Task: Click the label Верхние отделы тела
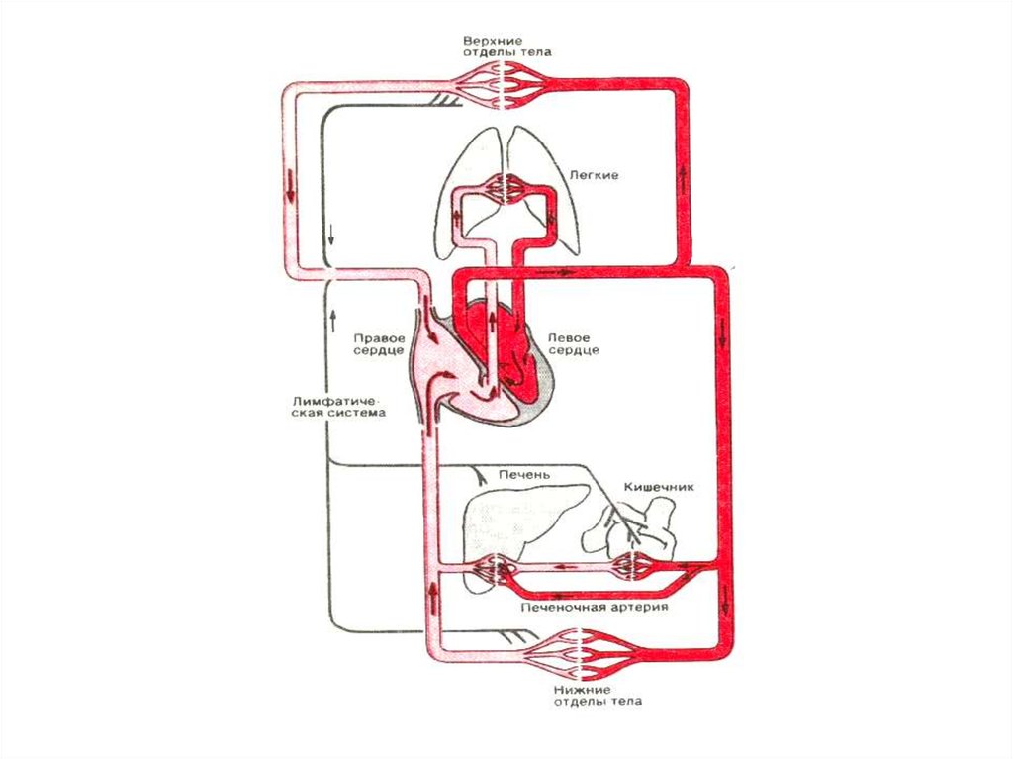point(506,46)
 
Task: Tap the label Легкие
point(594,175)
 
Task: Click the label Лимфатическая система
point(337,407)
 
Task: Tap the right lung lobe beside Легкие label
point(554,198)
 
